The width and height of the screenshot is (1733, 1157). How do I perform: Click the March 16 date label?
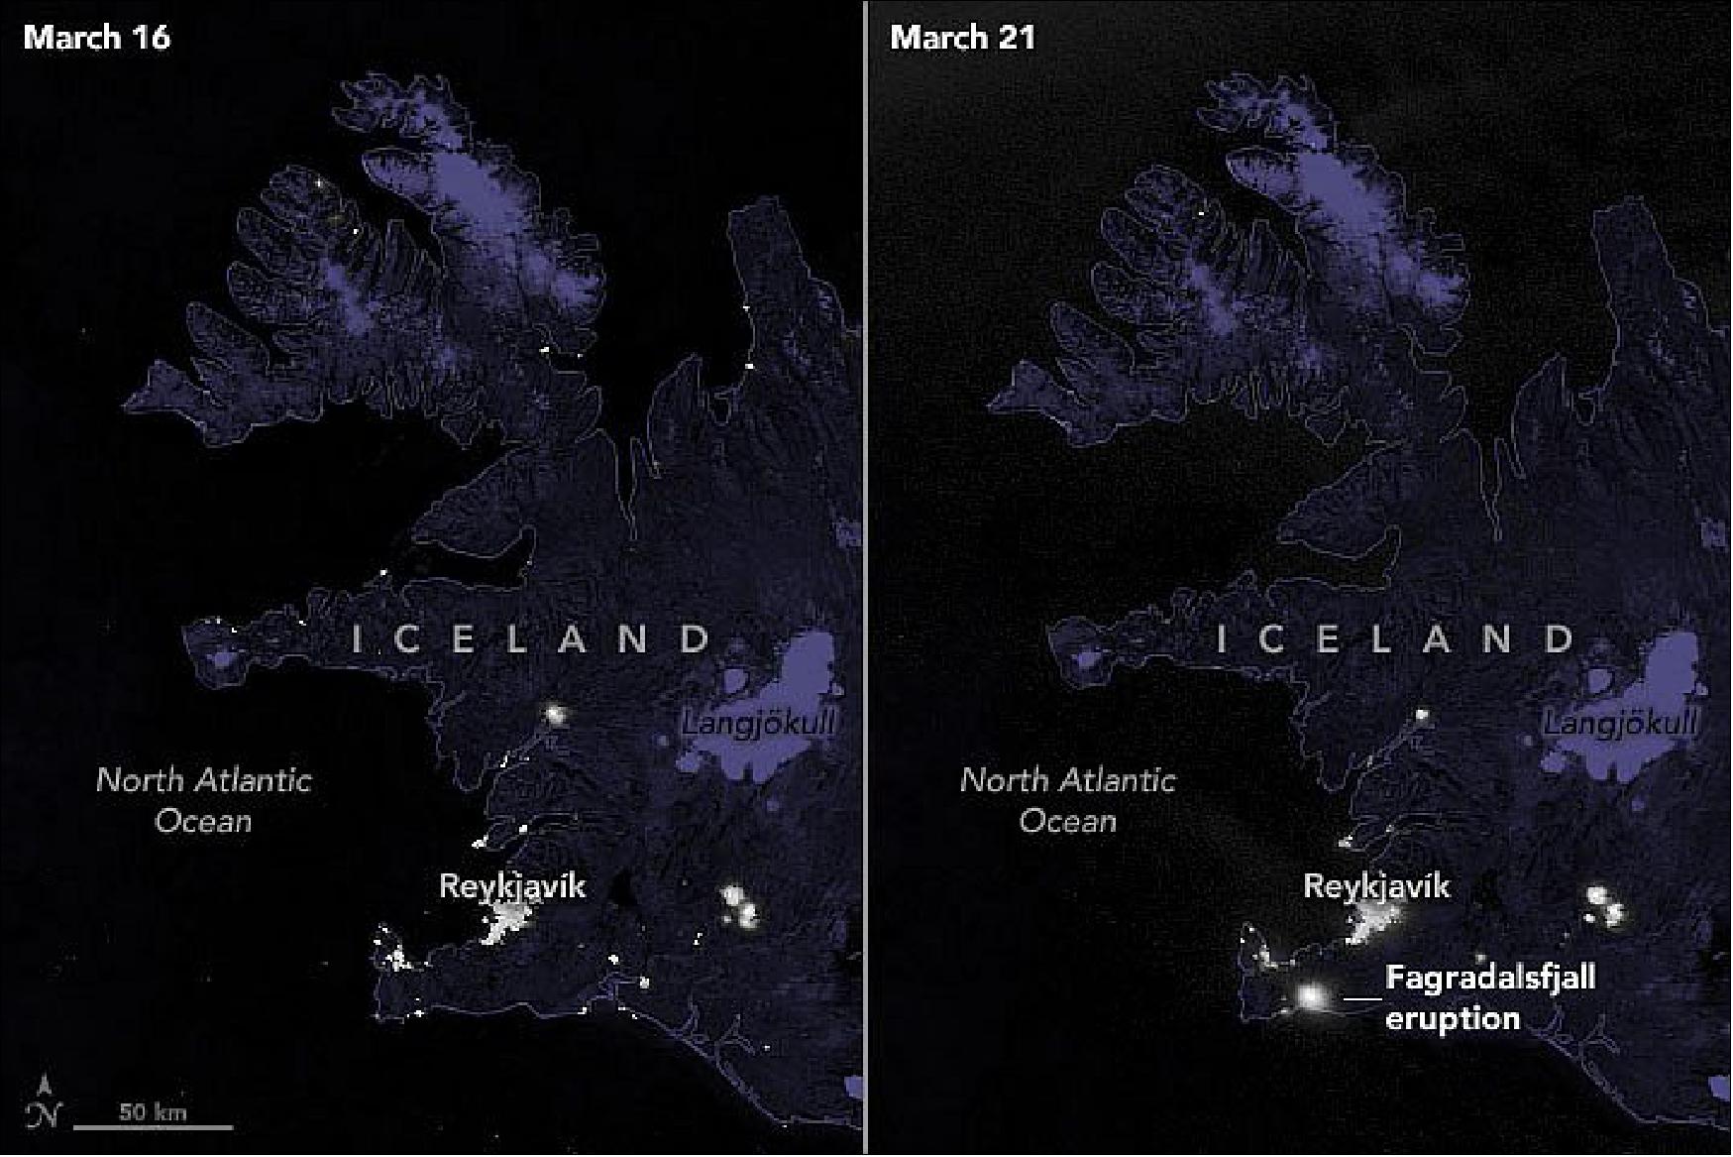(x=97, y=38)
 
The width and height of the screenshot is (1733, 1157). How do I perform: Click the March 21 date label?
(x=962, y=38)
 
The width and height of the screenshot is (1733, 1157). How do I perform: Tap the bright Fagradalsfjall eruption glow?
(x=1313, y=995)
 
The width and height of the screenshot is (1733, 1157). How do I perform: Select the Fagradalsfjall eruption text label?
(x=1489, y=997)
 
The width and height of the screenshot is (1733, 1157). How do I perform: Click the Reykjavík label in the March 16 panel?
(x=511, y=885)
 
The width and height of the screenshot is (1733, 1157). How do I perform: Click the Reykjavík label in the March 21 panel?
(x=1376, y=885)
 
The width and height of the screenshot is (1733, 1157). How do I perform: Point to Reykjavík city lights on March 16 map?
(x=509, y=923)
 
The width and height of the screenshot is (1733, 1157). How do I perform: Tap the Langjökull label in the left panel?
(x=758, y=725)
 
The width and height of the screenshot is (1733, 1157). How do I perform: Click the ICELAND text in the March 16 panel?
(x=532, y=639)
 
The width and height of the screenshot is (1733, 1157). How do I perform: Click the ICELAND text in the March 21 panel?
(x=1396, y=639)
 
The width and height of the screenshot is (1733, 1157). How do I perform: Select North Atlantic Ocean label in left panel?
(x=204, y=800)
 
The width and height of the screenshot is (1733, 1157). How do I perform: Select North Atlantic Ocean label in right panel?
(x=1068, y=800)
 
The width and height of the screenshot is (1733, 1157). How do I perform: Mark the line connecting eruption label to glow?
(x=1360, y=997)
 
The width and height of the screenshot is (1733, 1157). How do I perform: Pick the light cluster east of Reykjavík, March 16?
(x=740, y=904)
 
